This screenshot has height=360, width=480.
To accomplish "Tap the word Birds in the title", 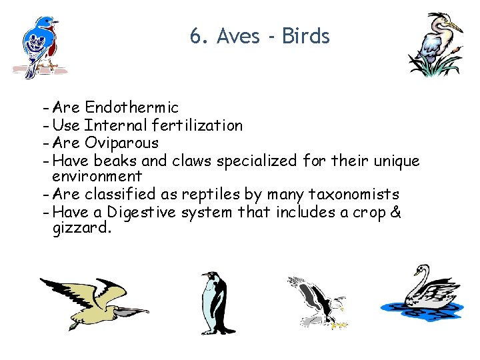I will pyautogui.click(x=306, y=36).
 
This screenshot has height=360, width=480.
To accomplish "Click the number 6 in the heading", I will pyautogui.click(x=195, y=36).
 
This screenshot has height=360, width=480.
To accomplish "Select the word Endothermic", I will pyautogui.click(x=131, y=107).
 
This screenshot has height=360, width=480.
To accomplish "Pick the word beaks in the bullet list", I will pyautogui.click(x=115, y=160).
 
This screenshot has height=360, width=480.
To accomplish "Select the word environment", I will pyautogui.click(x=97, y=177).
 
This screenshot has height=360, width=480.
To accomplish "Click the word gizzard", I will pyautogui.click(x=81, y=229).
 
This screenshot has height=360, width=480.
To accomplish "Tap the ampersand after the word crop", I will pyautogui.click(x=395, y=212).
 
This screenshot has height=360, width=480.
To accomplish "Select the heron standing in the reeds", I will pyautogui.click(x=436, y=45).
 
